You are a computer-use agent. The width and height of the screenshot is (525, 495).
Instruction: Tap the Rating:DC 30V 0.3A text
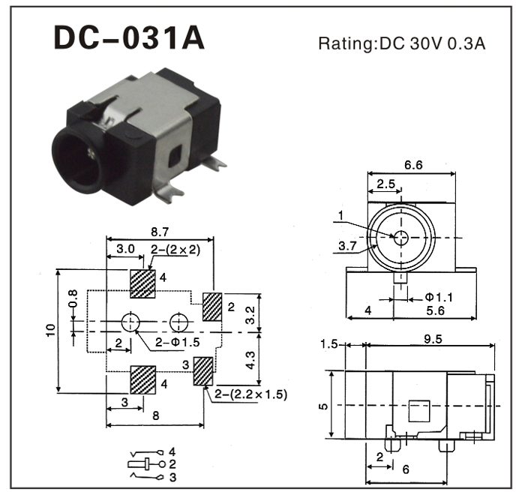[402, 43]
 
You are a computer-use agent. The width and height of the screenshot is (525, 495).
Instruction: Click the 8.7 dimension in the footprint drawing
[159, 233]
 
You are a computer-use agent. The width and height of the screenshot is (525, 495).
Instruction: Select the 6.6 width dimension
[412, 164]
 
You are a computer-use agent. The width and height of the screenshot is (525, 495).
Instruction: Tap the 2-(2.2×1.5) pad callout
[250, 393]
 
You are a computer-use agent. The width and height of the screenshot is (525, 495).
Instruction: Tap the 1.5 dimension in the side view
[328, 344]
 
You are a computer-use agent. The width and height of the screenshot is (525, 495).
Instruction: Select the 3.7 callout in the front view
[346, 245]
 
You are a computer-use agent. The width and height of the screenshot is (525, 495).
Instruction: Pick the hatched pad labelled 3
[202, 371]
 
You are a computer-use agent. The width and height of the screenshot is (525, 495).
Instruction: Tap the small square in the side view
[418, 411]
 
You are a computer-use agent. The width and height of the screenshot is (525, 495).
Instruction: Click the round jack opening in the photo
[82, 158]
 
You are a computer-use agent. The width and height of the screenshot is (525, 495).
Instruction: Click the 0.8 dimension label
[73, 298]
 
